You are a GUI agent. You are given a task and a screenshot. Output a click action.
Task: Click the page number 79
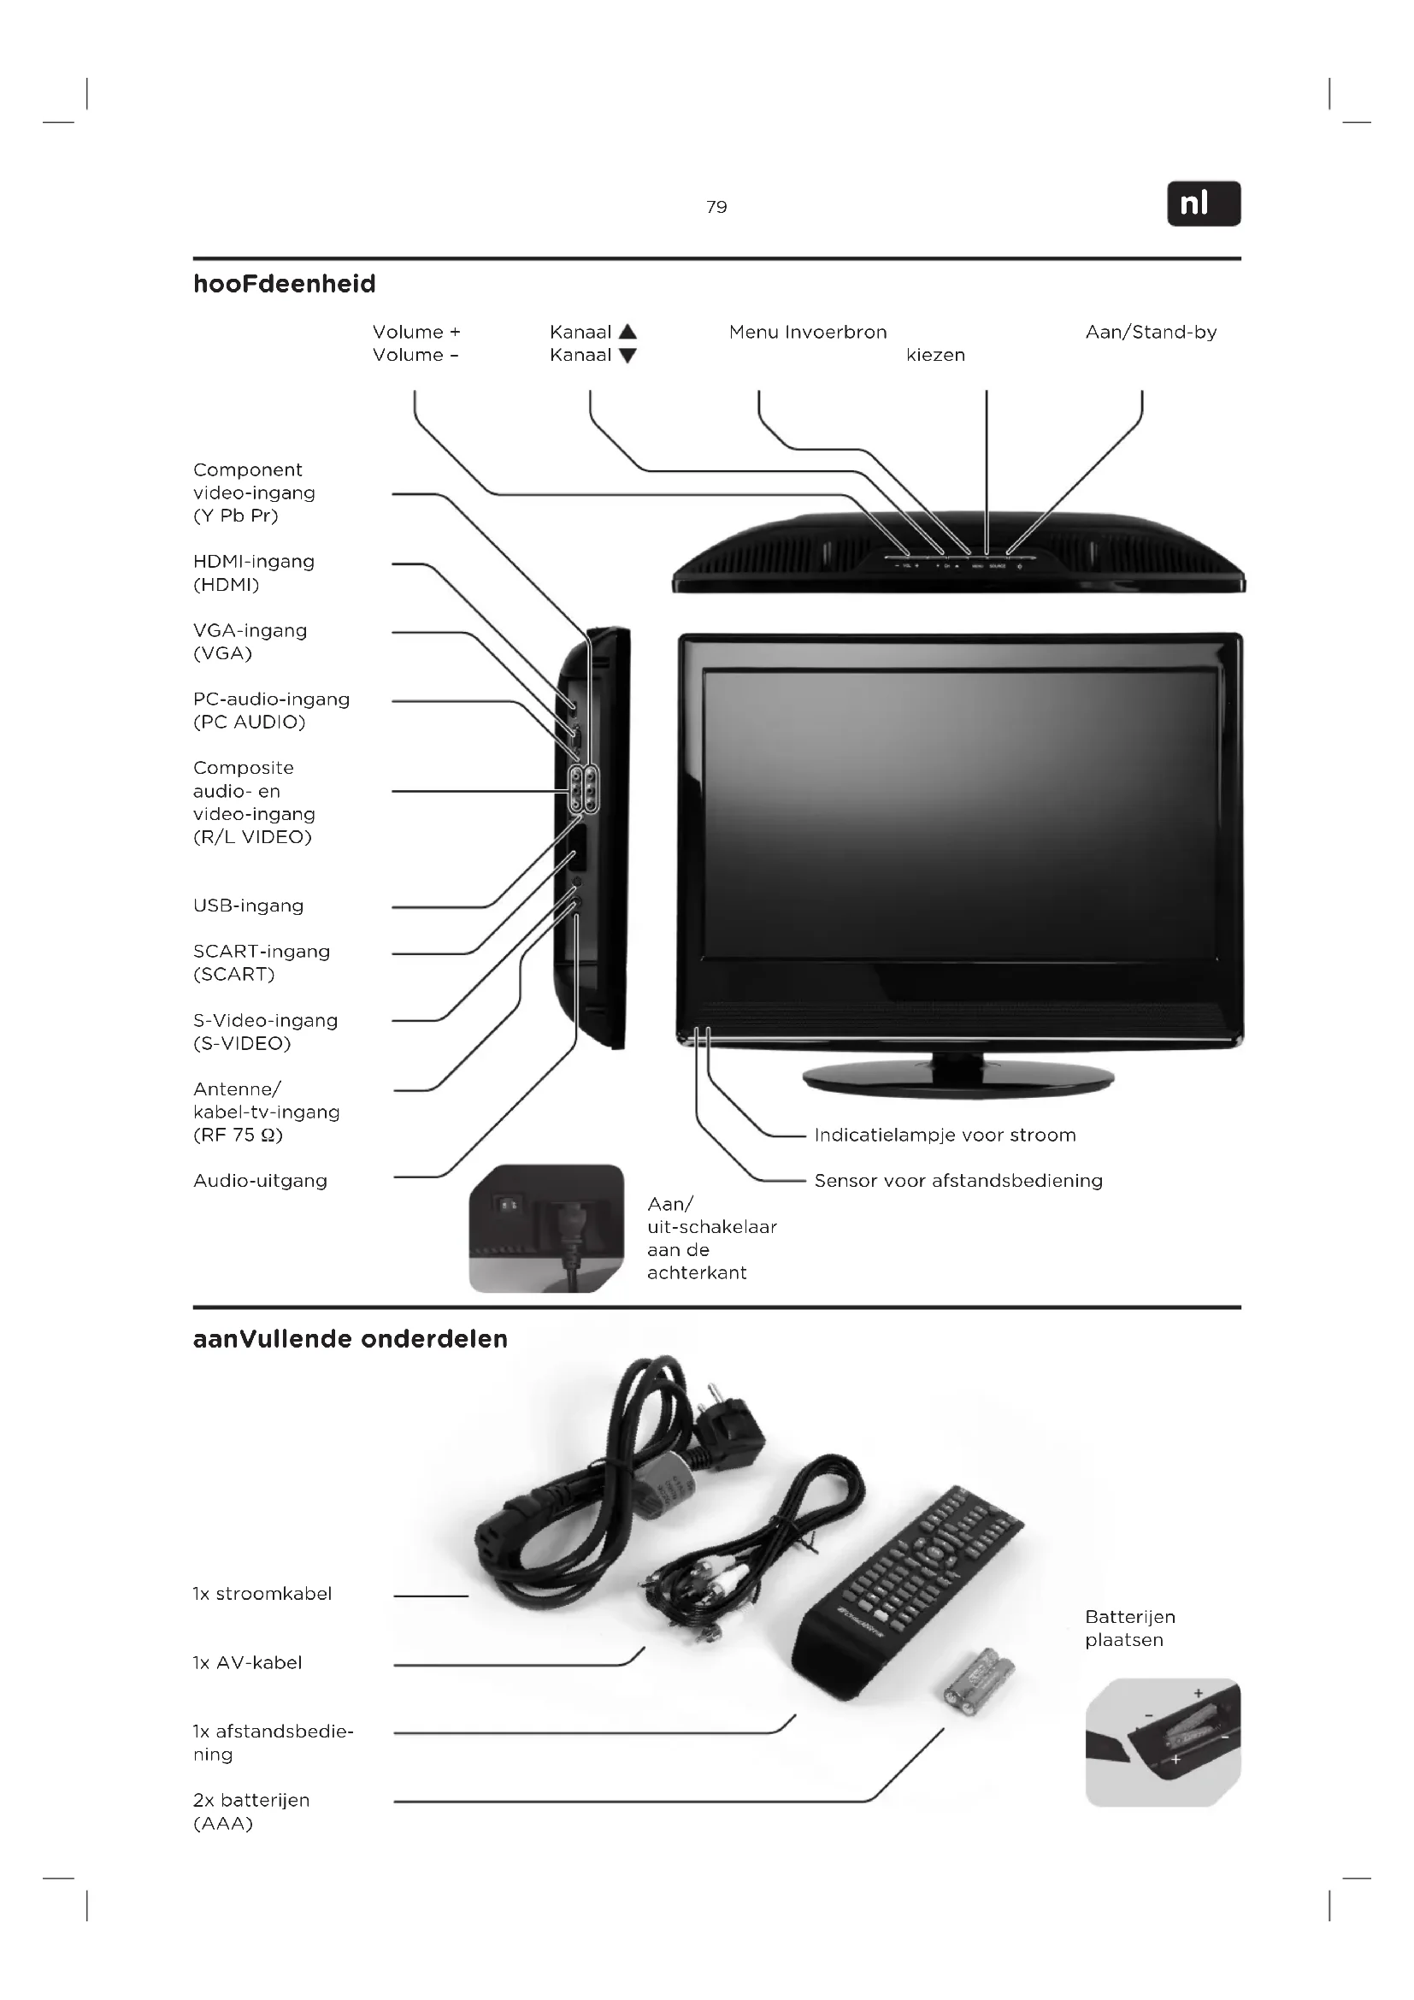pyautogui.click(x=716, y=207)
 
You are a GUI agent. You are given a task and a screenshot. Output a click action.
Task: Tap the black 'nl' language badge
pyautogui.click(x=1204, y=204)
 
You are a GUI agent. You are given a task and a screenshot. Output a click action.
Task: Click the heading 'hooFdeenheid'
pyautogui.click(x=285, y=284)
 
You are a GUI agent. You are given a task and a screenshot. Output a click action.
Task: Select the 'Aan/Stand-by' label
pyautogui.click(x=1150, y=332)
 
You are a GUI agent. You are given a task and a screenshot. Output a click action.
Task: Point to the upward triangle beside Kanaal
pyautogui.click(x=627, y=332)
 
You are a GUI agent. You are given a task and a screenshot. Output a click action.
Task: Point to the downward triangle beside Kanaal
pyautogui.click(x=627, y=356)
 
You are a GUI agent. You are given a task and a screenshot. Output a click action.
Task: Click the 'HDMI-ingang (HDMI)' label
pyautogui.click(x=253, y=572)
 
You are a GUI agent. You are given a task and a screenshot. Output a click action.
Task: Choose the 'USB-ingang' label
pyautogui.click(x=248, y=905)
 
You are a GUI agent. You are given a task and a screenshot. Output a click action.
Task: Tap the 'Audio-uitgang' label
pyautogui.click(x=261, y=1180)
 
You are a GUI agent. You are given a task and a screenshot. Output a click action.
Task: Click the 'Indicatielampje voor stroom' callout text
pyautogui.click(x=945, y=1134)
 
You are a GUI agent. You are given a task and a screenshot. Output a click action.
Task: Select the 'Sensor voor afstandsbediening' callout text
pyautogui.click(x=957, y=1180)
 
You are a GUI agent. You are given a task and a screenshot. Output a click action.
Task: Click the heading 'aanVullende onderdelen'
pyautogui.click(x=350, y=1339)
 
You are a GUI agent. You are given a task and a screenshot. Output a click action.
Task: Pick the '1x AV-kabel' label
pyautogui.click(x=247, y=1662)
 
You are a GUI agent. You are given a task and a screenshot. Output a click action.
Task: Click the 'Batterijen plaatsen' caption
pyautogui.click(x=1129, y=1628)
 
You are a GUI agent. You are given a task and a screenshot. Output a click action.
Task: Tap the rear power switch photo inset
pyautogui.click(x=546, y=1228)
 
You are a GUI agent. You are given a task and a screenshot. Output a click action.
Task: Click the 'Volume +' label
pyautogui.click(x=416, y=332)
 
